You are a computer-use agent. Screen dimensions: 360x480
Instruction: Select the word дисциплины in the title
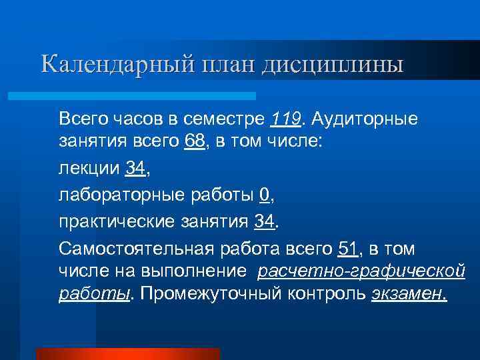point(333,65)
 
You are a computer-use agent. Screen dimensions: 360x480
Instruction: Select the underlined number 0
point(265,196)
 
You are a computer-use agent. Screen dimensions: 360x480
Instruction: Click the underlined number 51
point(349,248)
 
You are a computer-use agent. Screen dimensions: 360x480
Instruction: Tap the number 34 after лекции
point(135,170)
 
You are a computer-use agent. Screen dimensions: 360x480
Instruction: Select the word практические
point(117,222)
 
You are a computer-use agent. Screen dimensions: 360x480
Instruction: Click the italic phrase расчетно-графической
point(361,272)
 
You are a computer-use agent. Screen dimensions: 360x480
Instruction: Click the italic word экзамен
point(409,294)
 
